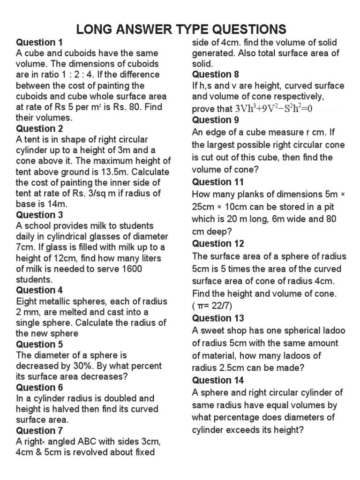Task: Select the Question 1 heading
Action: click(39, 42)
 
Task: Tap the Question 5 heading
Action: click(39, 345)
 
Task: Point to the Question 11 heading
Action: click(218, 182)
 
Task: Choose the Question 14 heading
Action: click(218, 380)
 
